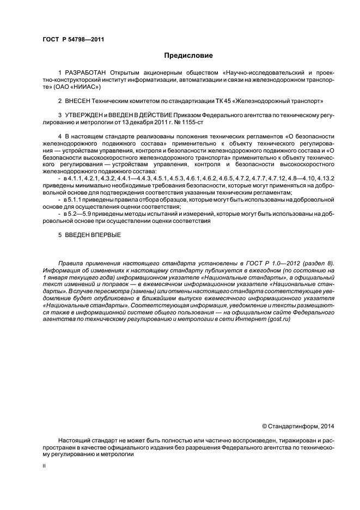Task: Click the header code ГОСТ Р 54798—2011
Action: pos(73,40)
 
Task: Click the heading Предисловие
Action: pos(188,56)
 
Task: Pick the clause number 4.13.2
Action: pos(325,178)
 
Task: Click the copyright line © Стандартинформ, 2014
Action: pos(298,426)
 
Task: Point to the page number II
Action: pos(45,466)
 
